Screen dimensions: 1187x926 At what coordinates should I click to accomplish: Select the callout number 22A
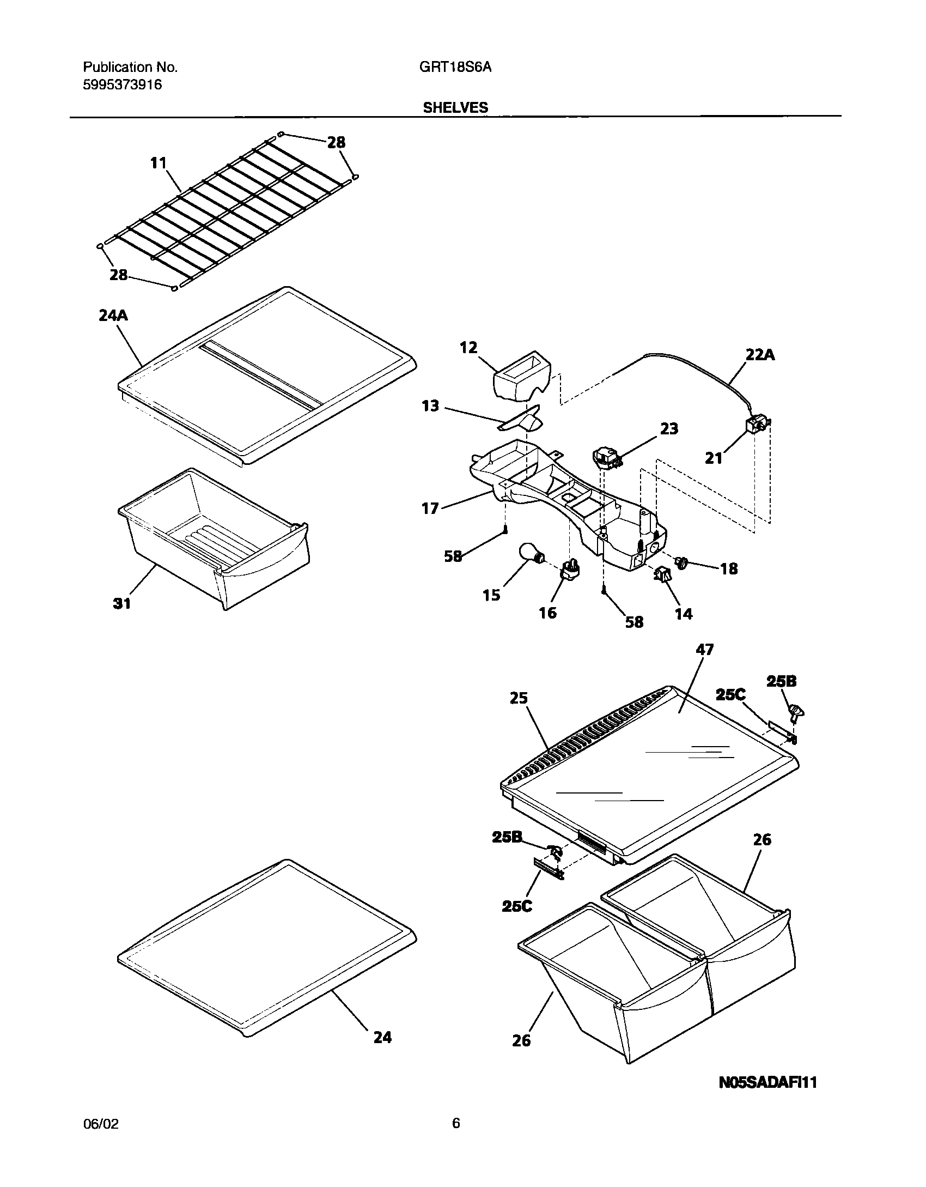coord(760,355)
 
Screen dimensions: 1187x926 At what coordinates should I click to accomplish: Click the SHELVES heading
coord(455,108)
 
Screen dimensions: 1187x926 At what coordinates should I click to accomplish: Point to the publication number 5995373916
coord(122,85)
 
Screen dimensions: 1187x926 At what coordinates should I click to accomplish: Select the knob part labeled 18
coord(681,562)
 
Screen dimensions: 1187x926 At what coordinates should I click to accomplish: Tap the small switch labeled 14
coord(662,574)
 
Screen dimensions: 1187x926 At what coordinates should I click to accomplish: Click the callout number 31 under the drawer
coord(122,603)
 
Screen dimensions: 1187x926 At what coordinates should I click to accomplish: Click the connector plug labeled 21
coord(757,424)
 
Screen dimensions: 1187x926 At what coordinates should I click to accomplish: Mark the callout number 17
coord(430,508)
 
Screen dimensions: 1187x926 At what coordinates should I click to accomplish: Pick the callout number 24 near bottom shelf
coord(382,1037)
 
